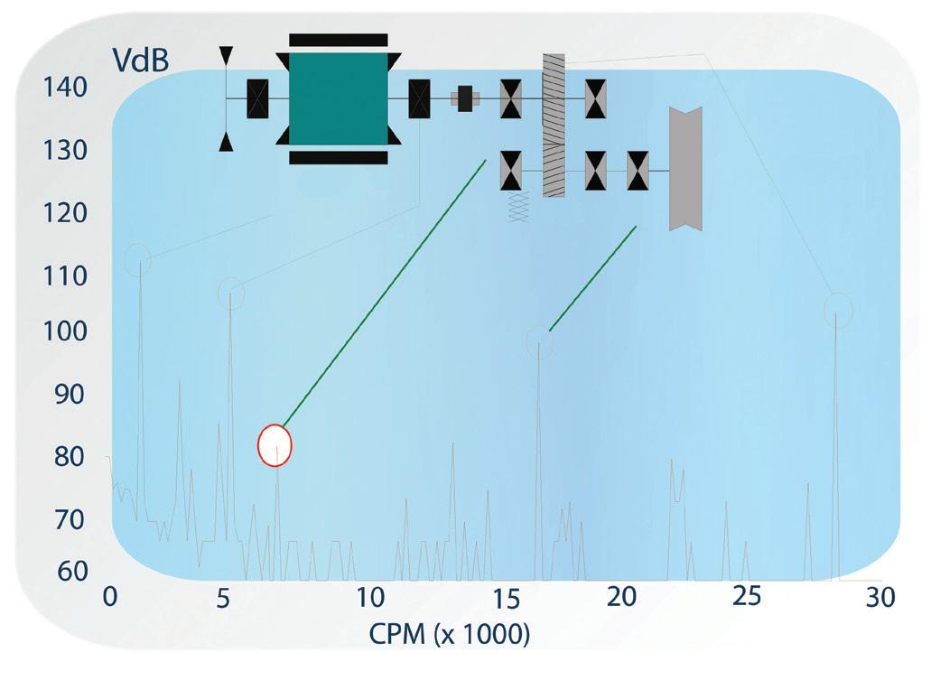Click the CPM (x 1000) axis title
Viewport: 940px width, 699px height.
(449, 634)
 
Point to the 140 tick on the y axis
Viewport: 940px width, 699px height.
(66, 88)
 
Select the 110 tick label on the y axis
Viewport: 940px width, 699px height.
(66, 275)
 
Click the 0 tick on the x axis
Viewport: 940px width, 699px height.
(109, 597)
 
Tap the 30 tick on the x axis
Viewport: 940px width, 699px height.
(880, 597)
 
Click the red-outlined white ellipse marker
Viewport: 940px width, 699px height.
(275, 445)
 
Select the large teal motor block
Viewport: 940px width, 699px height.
(338, 98)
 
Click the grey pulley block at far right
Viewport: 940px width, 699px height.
(684, 169)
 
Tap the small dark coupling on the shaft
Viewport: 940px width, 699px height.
(465, 98)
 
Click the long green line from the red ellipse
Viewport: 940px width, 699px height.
(385, 293)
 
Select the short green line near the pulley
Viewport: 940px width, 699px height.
(592, 278)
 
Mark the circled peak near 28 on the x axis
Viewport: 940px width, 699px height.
(838, 311)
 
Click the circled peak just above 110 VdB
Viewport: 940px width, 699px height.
(138, 260)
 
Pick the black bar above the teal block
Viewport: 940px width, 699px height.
(338, 40)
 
